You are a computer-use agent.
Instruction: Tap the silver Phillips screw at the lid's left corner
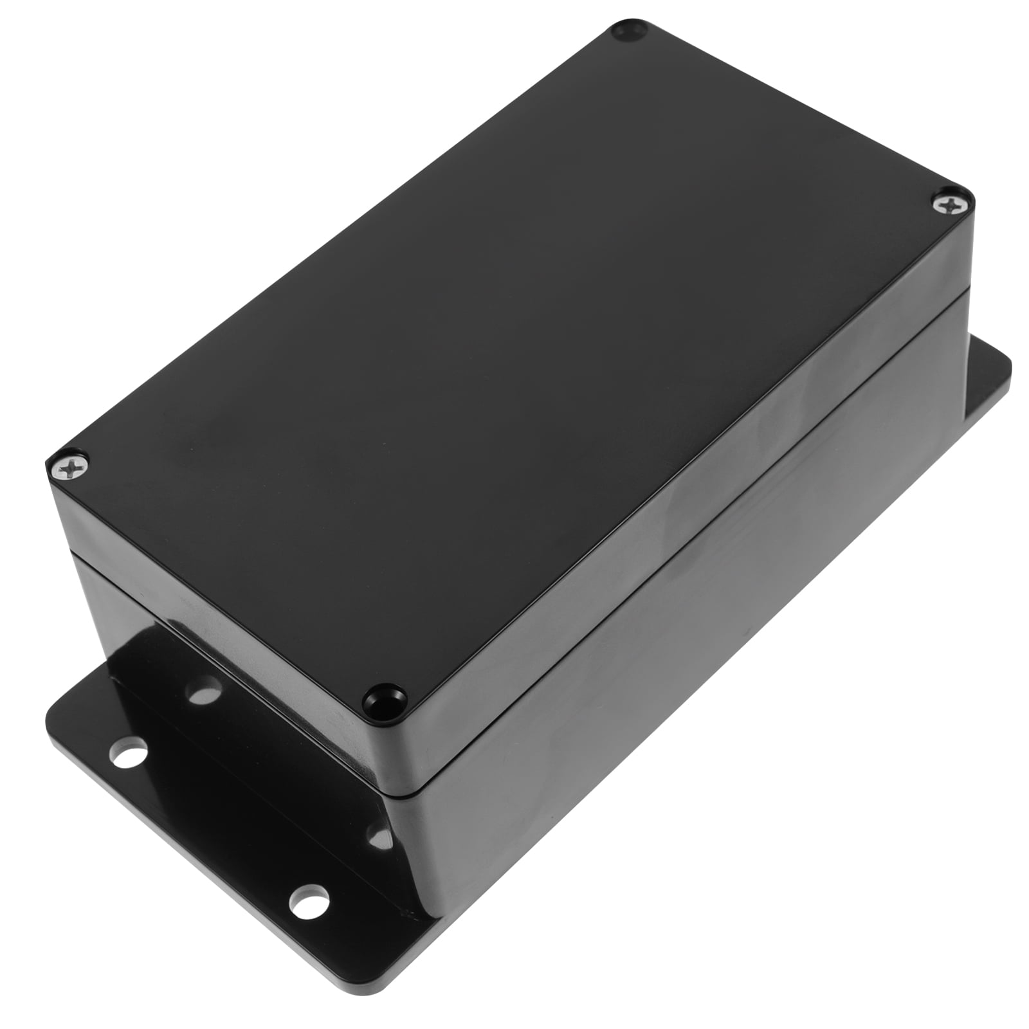point(69,468)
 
